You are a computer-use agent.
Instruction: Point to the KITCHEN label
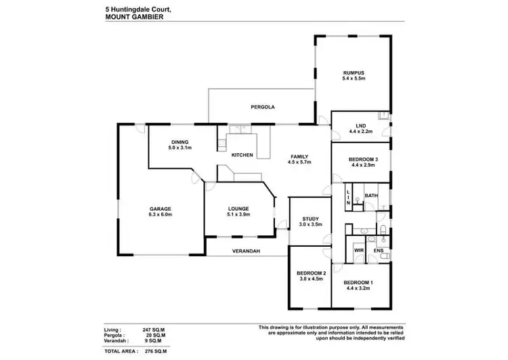242,155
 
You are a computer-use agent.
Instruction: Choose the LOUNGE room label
238,208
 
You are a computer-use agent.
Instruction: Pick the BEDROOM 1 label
358,281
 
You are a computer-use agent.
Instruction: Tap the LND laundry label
360,125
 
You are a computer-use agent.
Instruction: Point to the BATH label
371,196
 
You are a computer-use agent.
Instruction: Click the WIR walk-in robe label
359,250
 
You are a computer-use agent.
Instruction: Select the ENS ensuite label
379,250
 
